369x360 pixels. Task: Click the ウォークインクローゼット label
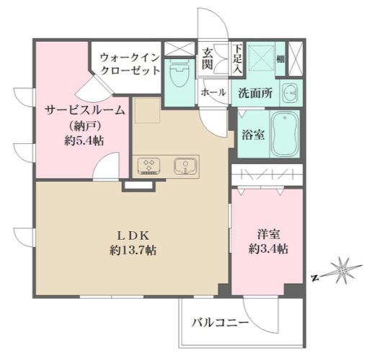(x=126, y=63)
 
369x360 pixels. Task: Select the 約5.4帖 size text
(x=84, y=140)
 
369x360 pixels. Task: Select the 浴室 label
(x=251, y=133)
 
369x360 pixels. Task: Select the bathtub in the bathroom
(x=285, y=135)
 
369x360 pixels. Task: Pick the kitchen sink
(x=186, y=166)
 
